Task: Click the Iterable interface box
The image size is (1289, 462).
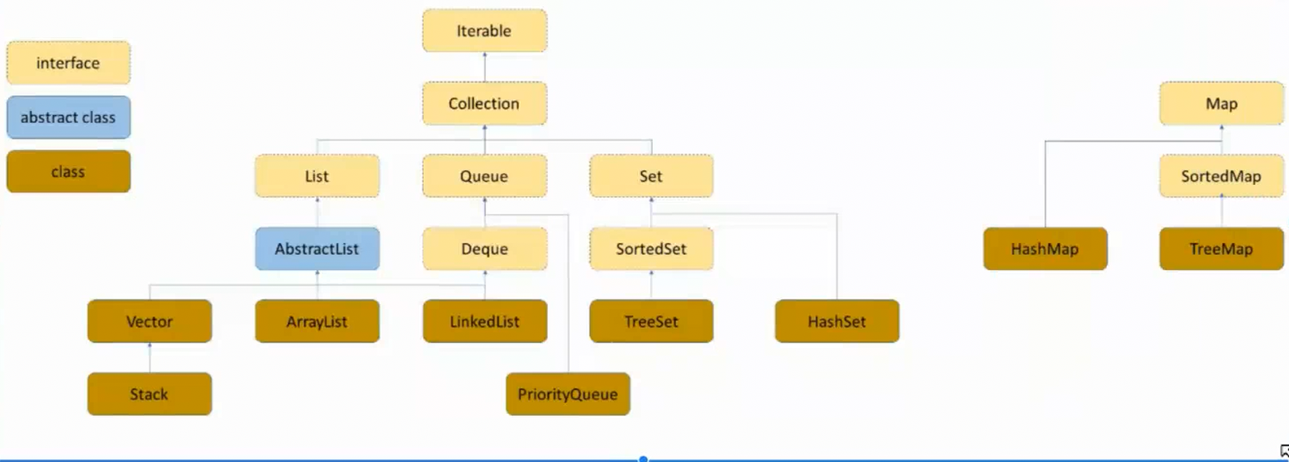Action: click(484, 31)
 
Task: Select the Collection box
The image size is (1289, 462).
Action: click(484, 103)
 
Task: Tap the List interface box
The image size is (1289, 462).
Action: click(317, 176)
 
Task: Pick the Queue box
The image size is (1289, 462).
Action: click(484, 176)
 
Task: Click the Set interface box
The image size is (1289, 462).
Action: click(651, 176)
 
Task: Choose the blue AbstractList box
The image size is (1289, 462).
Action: click(317, 249)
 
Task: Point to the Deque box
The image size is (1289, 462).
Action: click(484, 249)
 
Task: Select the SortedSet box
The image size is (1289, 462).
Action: click(651, 249)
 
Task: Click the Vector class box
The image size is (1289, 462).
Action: click(149, 322)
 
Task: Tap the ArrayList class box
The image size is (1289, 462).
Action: click(317, 322)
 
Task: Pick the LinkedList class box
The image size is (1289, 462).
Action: click(484, 322)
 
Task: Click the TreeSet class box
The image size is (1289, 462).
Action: click(651, 322)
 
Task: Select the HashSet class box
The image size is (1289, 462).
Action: click(836, 322)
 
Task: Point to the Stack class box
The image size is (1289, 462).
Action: click(149, 394)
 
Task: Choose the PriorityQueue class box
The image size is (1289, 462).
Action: click(568, 394)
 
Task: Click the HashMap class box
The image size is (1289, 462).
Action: click(1044, 249)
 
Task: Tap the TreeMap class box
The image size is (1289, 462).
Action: click(1221, 249)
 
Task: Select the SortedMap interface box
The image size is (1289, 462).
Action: click(1221, 176)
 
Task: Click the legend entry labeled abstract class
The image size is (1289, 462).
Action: click(68, 117)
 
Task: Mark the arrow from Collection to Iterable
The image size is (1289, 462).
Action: click(485, 67)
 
